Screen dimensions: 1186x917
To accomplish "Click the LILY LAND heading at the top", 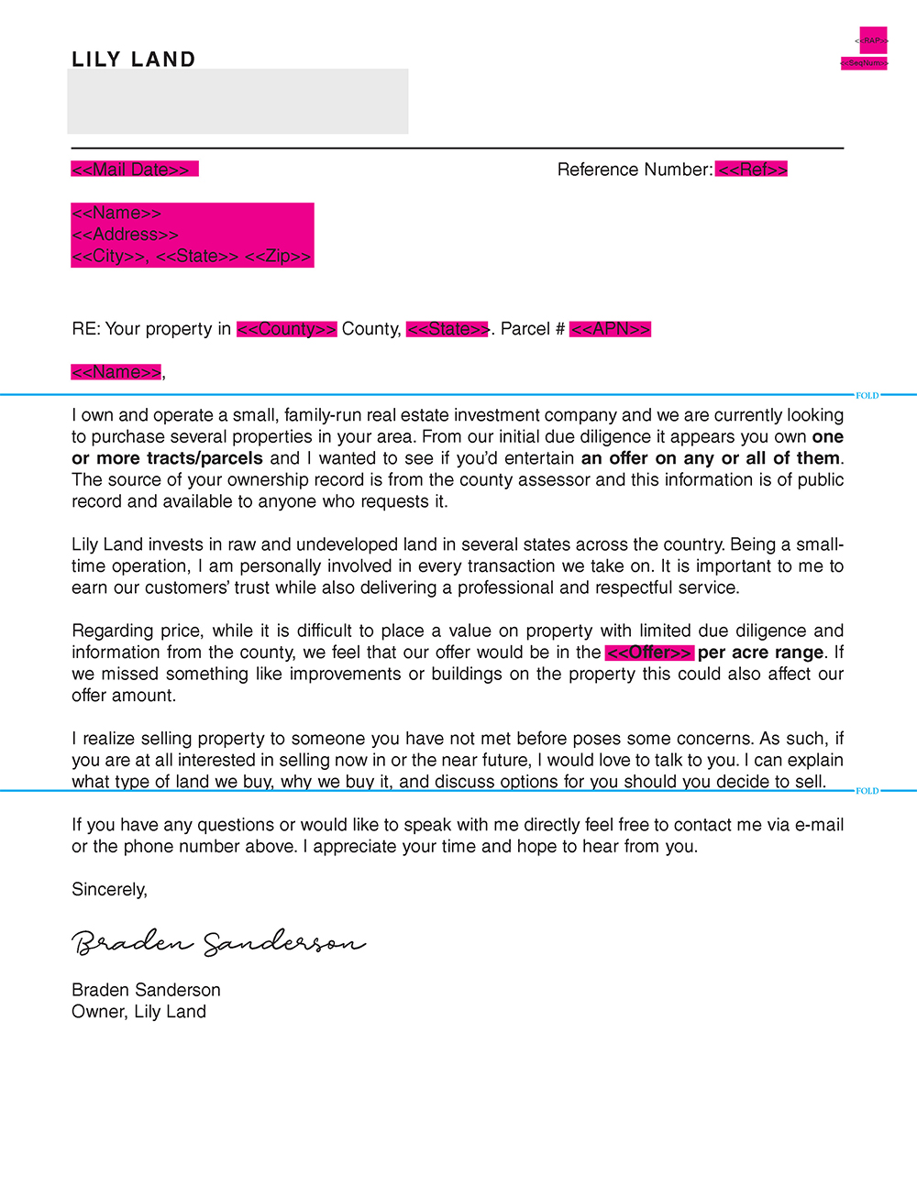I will tap(134, 60).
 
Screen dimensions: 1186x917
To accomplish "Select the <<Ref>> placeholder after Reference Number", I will tap(752, 170).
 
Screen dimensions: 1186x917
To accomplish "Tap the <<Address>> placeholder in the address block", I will tap(126, 235).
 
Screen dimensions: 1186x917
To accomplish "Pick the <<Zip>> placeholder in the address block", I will tap(279, 257).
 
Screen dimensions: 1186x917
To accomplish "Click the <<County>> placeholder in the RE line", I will tap(287, 329).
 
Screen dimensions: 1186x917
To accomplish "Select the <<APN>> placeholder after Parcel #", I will tap(610, 329).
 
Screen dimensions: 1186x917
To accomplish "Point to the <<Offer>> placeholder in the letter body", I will tap(649, 653).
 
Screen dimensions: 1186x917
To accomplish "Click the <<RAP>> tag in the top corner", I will tap(872, 40).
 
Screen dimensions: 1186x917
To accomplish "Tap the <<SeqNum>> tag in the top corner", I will tap(864, 63).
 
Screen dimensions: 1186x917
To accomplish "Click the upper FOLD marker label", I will tap(867, 396).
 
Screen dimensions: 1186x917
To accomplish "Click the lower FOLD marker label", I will tap(867, 791).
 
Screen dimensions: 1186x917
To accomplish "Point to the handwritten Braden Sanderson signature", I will tap(218, 942).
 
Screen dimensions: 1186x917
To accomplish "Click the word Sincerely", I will tap(109, 890).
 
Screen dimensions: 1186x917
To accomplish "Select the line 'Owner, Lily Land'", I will tap(139, 1012).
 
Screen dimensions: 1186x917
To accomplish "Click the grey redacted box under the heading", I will tap(238, 102).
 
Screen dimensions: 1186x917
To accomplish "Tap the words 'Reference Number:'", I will tap(635, 170).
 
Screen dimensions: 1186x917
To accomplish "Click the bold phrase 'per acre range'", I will tap(760, 653).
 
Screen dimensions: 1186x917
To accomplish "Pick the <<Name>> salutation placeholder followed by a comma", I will tap(116, 372).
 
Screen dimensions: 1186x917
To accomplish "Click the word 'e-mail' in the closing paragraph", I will tap(819, 825).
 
